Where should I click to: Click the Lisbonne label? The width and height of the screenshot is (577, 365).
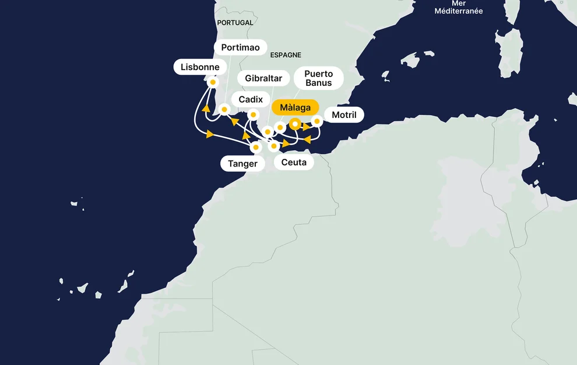(200, 67)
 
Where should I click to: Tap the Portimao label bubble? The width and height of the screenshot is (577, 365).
(240, 47)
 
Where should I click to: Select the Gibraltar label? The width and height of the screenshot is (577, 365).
(263, 78)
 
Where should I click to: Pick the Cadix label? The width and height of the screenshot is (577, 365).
(251, 99)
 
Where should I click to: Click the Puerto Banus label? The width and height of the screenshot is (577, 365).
(318, 78)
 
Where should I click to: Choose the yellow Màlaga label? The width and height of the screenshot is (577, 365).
(295, 107)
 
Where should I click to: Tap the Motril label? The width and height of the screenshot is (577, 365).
(344, 115)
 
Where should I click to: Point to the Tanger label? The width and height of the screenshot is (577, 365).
(242, 164)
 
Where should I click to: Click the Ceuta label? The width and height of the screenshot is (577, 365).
(294, 162)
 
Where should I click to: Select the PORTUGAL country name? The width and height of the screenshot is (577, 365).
(235, 23)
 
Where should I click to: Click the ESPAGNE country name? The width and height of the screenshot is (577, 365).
(286, 55)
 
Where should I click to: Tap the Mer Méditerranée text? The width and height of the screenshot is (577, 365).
(459, 8)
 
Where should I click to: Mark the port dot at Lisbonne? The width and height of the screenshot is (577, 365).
(213, 82)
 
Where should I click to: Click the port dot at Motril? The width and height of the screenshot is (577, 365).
(317, 121)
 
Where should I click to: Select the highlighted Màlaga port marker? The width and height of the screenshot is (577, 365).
(295, 124)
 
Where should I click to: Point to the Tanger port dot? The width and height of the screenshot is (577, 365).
(255, 148)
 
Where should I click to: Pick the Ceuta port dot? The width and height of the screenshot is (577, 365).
(273, 146)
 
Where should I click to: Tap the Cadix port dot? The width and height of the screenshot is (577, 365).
(253, 114)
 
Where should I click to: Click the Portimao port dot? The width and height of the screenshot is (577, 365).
(224, 109)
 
